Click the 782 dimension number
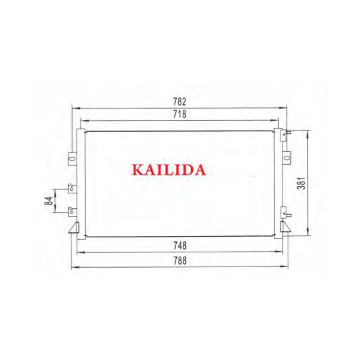(x=180, y=102)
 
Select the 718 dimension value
(x=180, y=114)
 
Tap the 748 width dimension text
(x=180, y=246)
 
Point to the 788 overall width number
(x=180, y=261)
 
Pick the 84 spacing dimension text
(x=49, y=201)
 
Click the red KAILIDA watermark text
(x=169, y=170)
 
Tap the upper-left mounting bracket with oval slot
(x=72, y=158)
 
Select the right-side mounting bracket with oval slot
(x=287, y=158)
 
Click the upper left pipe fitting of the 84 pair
(x=72, y=188)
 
